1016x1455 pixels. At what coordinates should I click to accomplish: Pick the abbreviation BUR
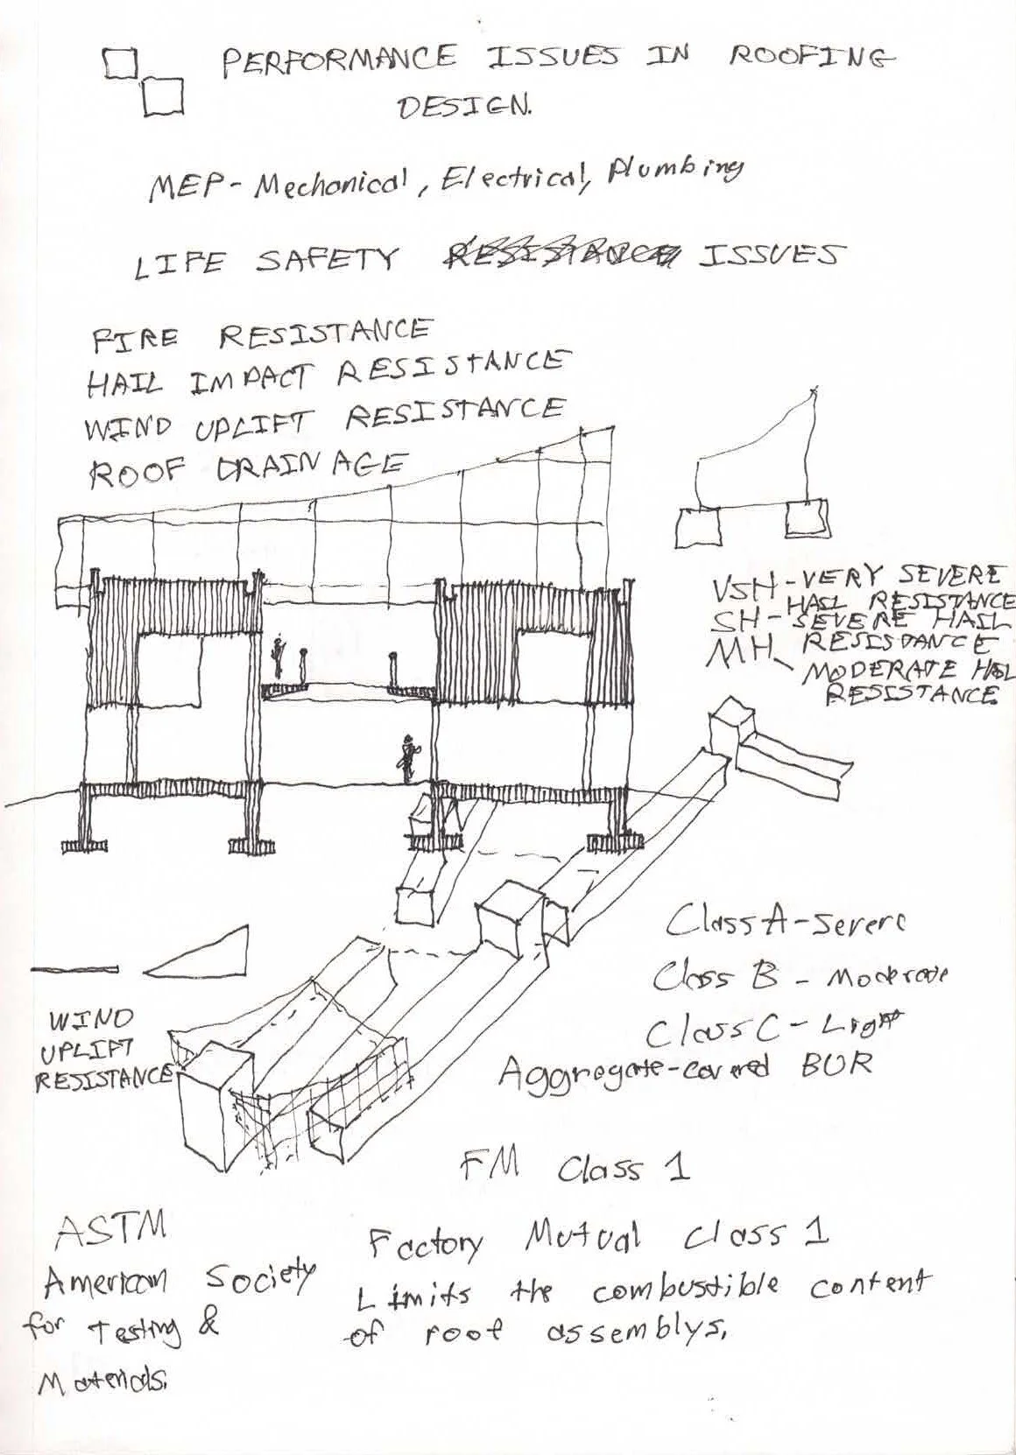[836, 1063]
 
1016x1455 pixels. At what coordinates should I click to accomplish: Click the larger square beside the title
[162, 96]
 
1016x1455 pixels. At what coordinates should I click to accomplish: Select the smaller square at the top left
[121, 63]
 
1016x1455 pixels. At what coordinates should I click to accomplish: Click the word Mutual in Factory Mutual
[582, 1238]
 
